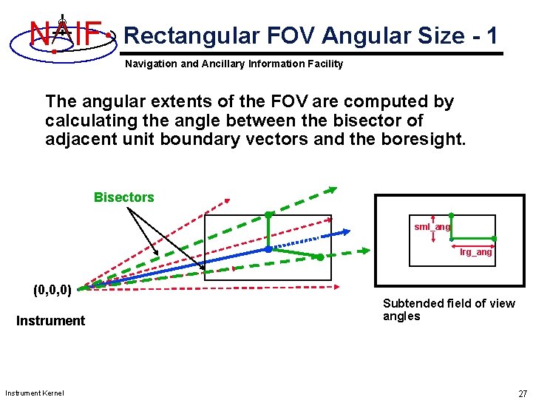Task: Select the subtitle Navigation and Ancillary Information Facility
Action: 234,64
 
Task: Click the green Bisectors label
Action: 124,197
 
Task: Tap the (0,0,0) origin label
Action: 52,290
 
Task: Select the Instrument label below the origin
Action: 50,321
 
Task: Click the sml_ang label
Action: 432,227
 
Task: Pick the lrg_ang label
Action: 475,253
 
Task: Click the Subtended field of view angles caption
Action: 448,310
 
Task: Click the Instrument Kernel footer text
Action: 34,393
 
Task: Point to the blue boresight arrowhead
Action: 344,232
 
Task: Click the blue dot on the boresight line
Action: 268,249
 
